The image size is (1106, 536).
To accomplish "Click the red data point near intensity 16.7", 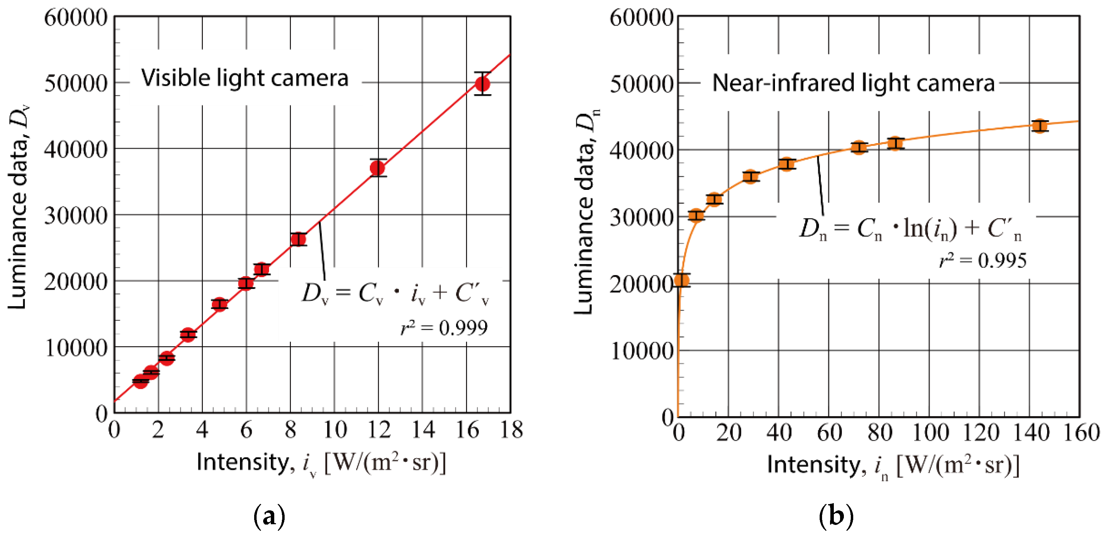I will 483,84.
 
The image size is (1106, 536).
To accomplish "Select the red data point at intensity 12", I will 377,168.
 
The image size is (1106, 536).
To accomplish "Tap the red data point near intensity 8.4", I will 298,239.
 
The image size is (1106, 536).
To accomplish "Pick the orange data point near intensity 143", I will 1039,126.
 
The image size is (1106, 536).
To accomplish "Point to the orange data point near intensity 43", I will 786,164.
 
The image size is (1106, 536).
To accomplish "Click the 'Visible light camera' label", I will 245,78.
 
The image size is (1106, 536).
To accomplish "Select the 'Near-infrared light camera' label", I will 853,82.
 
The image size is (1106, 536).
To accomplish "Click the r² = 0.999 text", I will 444,328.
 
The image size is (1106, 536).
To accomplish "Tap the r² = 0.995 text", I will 983,260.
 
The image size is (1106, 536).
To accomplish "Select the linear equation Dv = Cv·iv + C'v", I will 395,294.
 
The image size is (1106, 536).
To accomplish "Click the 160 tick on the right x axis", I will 1081,432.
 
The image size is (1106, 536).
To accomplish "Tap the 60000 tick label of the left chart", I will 75,18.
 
